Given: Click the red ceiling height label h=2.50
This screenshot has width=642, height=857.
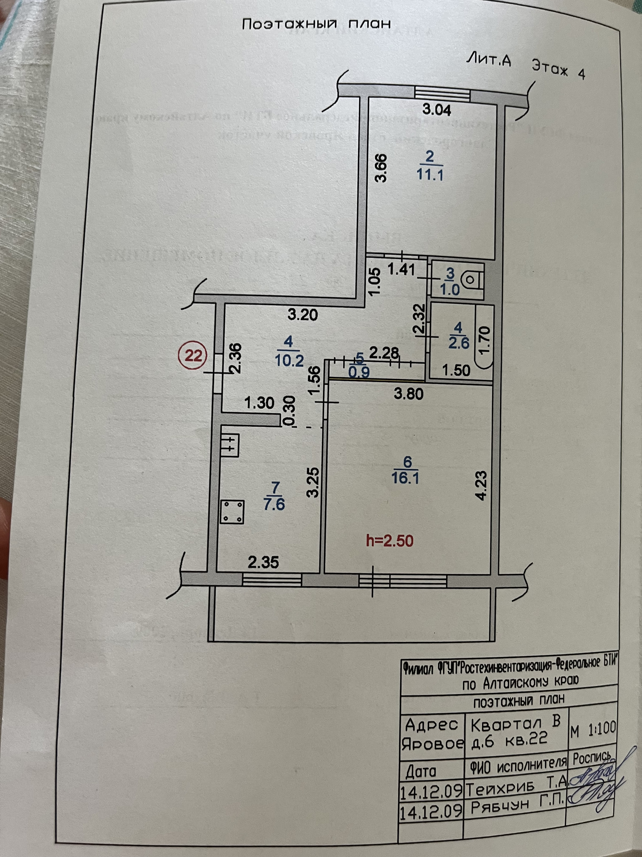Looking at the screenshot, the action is (390, 540).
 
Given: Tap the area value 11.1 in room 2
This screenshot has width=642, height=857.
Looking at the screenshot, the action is (430, 175).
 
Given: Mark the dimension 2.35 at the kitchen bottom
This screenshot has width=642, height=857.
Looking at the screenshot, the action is (263, 562).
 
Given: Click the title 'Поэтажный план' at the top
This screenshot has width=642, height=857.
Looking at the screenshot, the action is (316, 24).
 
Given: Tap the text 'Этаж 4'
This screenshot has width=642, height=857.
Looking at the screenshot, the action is (558, 69).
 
